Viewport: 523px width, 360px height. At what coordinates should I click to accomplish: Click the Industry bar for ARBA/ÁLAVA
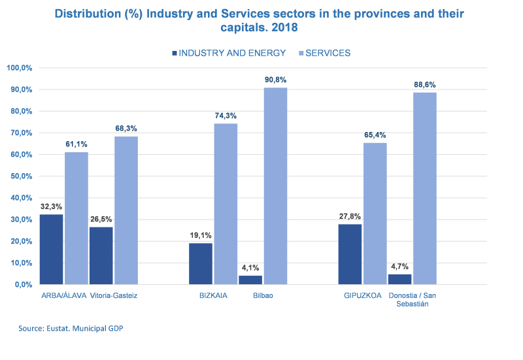click(52, 249)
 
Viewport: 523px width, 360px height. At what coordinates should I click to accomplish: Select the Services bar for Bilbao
click(275, 186)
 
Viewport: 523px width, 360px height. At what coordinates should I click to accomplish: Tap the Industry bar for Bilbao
click(250, 280)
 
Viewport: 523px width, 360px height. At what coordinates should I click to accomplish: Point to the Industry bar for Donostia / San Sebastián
click(399, 279)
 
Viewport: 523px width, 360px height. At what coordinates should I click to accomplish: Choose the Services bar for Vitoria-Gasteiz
click(126, 210)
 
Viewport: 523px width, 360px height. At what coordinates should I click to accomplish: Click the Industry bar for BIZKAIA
click(201, 263)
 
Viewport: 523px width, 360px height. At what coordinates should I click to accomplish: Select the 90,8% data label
click(275, 80)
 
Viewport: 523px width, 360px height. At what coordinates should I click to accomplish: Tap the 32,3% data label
click(52, 206)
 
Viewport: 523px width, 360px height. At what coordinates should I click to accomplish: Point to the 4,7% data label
click(399, 266)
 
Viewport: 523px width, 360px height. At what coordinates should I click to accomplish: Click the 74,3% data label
click(226, 116)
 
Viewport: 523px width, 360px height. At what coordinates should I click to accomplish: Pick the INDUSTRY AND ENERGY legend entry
click(228, 53)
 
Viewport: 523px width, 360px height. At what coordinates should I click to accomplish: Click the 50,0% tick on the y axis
click(20, 176)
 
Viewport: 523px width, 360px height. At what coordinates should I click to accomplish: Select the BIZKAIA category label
click(214, 295)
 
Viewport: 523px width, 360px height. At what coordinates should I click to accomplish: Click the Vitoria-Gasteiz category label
click(113, 295)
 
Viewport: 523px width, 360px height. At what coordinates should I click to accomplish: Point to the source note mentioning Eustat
click(71, 328)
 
